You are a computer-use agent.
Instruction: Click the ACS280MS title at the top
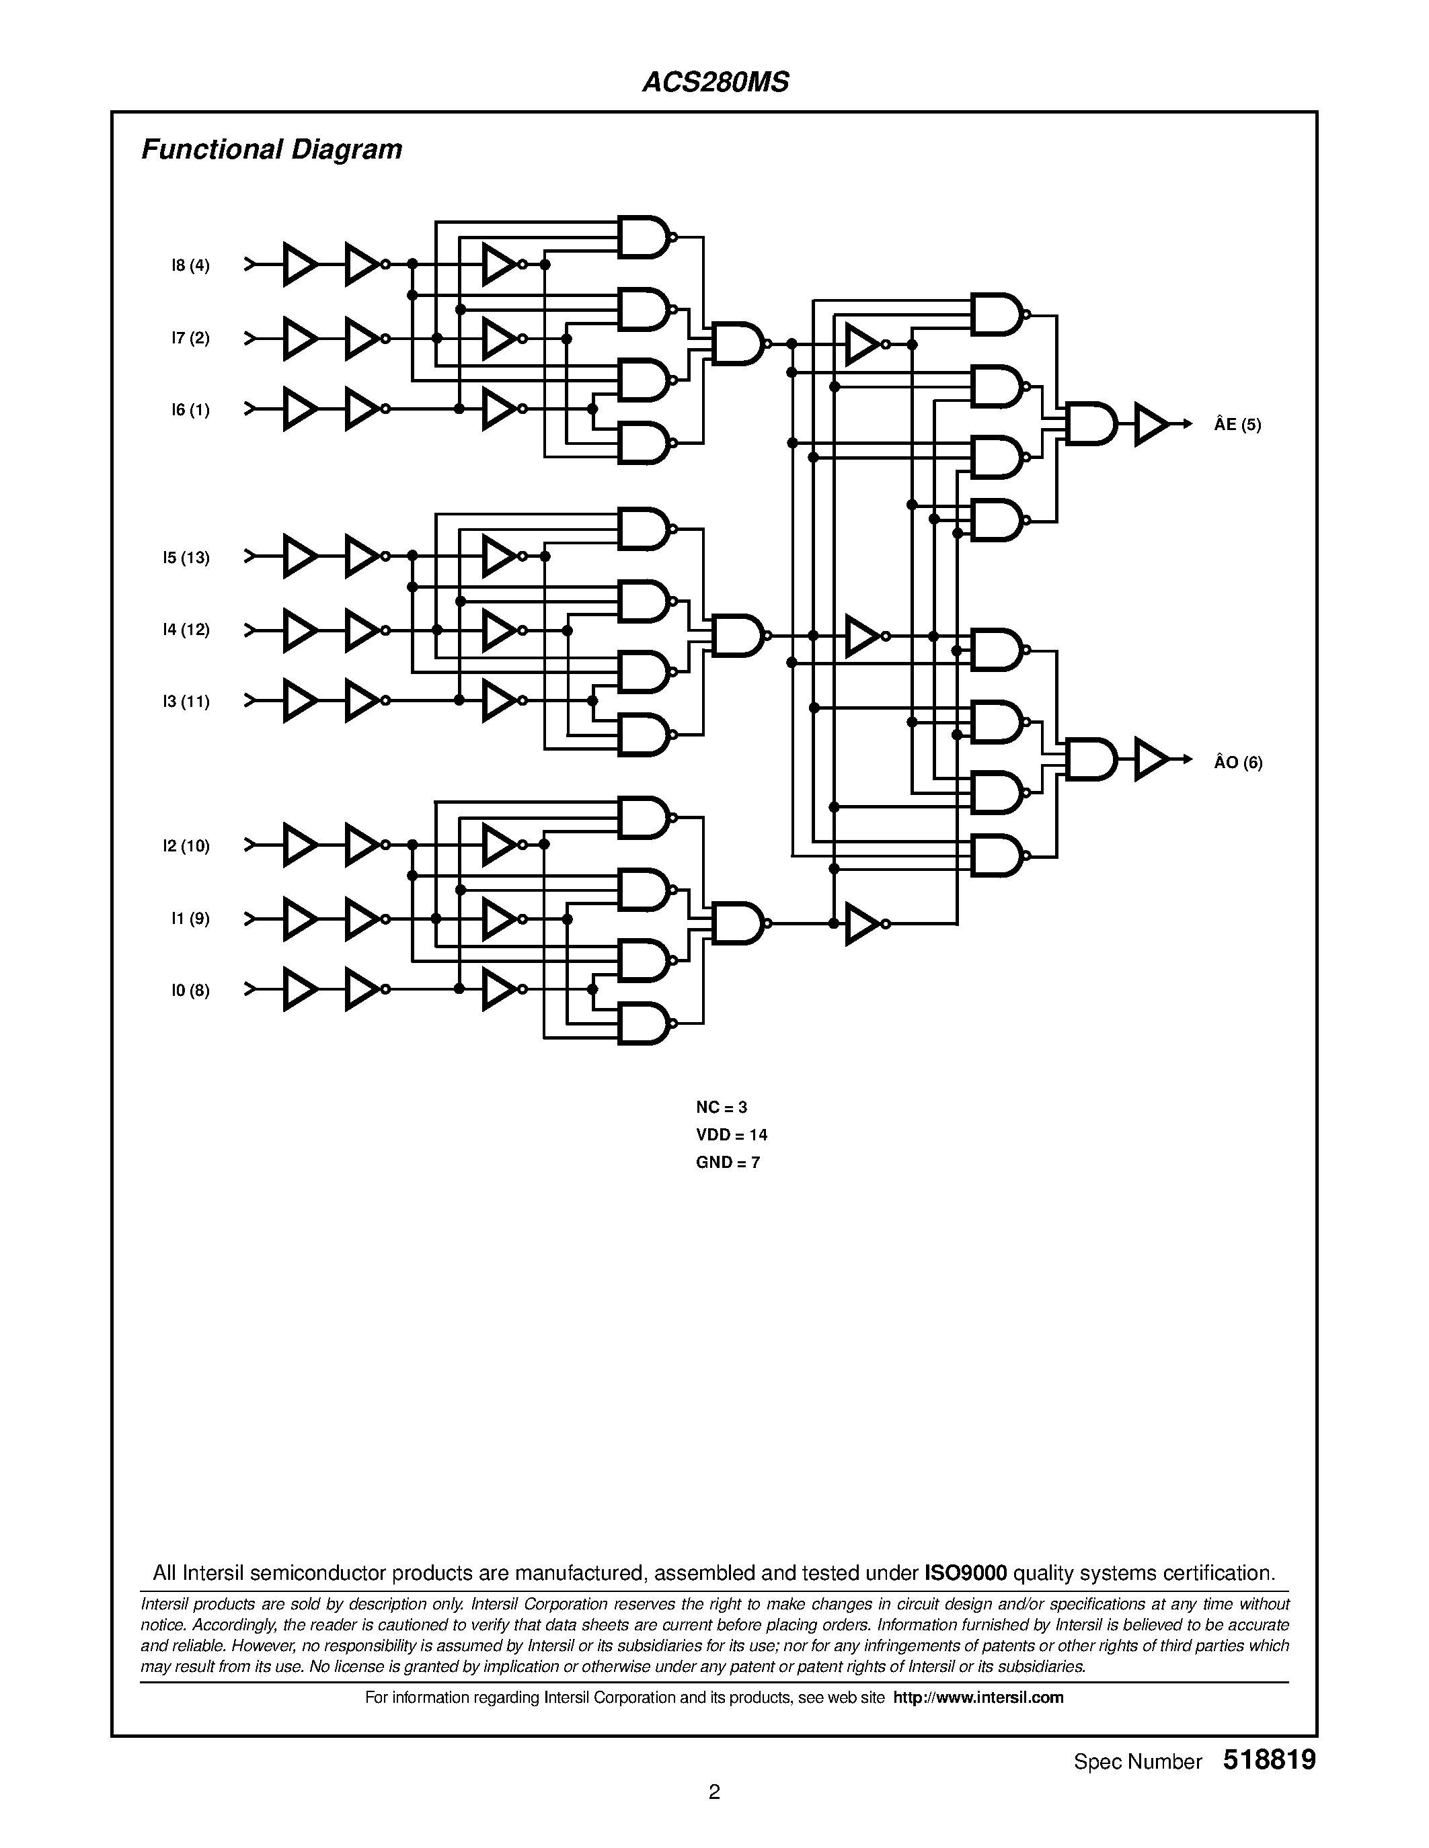click(716, 82)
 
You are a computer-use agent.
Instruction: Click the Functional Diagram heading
click(271, 150)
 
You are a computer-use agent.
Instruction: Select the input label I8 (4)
click(190, 265)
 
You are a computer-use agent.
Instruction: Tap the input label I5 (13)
click(186, 558)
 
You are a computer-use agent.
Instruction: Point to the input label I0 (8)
click(190, 991)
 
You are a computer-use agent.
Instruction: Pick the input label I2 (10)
click(186, 846)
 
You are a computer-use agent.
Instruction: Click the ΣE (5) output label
click(1237, 425)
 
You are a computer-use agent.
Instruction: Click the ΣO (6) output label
click(1237, 763)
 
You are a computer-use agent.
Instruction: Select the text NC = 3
click(722, 1107)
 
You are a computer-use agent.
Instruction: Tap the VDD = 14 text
click(732, 1135)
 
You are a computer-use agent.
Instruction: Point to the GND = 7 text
click(727, 1163)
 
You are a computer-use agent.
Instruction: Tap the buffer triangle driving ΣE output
click(1150, 424)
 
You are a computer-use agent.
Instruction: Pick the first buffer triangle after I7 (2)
click(298, 339)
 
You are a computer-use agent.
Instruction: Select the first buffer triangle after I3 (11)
click(298, 701)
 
